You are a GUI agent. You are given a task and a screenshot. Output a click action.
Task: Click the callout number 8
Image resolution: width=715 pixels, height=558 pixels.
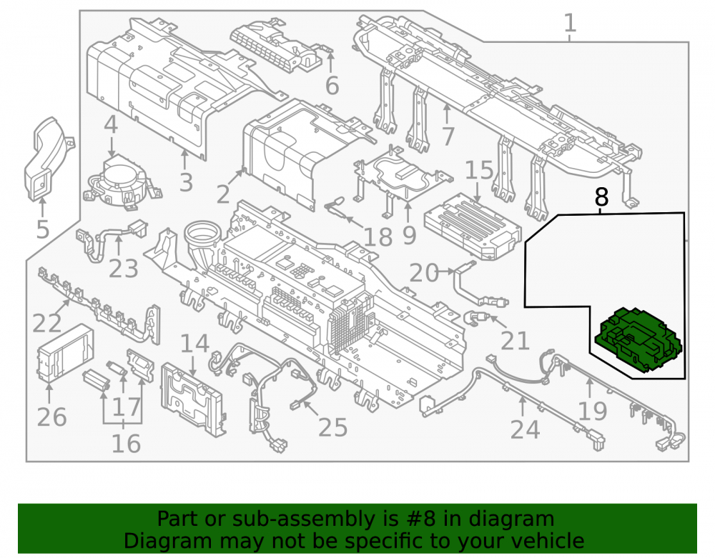[x=601, y=197]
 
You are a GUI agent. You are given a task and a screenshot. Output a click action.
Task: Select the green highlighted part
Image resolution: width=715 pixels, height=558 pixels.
[x=638, y=339]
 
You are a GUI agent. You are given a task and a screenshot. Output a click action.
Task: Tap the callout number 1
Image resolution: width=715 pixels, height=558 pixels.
[x=570, y=23]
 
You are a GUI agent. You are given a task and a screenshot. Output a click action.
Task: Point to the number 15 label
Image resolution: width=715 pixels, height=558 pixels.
[x=479, y=170]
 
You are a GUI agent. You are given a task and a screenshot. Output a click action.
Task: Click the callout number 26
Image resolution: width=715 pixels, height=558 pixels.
[x=51, y=417]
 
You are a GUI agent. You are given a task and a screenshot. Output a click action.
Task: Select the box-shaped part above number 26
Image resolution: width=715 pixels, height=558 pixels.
[x=65, y=352]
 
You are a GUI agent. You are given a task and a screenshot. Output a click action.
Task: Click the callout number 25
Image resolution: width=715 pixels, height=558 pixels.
[x=332, y=427]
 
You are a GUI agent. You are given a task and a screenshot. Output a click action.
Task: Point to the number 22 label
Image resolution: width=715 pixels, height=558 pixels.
[x=47, y=323]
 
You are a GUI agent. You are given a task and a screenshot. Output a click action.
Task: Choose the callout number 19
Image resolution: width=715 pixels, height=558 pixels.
[x=592, y=411]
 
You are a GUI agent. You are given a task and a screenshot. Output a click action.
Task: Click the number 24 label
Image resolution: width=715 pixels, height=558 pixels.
[x=525, y=429]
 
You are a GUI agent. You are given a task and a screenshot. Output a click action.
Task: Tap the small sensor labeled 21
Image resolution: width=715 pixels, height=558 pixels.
[x=476, y=317]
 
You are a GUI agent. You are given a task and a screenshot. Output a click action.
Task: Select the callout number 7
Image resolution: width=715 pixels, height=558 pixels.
[x=448, y=136]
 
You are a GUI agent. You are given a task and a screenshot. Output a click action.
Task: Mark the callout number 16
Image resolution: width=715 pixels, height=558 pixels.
[x=126, y=443]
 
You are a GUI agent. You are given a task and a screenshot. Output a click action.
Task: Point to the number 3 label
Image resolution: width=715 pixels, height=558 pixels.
[x=186, y=182]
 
